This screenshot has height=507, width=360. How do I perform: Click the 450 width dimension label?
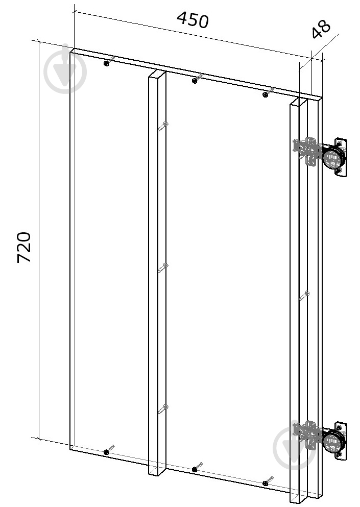pyautogui.click(x=193, y=20)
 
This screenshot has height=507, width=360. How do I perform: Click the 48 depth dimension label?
pyautogui.click(x=321, y=29)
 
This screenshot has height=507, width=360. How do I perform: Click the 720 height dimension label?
pyautogui.click(x=24, y=247)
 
